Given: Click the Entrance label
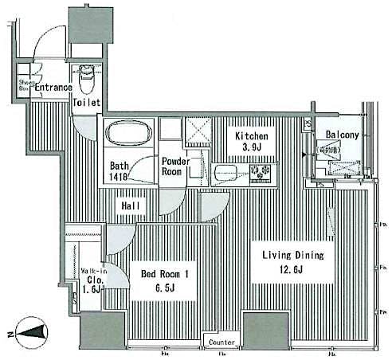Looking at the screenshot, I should tap(53, 88).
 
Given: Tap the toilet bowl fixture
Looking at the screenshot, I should tap(88, 78).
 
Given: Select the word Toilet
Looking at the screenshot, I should tap(86, 104).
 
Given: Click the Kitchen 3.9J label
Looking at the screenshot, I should tap(250, 143).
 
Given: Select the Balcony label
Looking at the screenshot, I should tap(341, 136).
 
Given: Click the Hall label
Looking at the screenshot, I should tap(131, 207).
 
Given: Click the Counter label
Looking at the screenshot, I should tap(221, 342).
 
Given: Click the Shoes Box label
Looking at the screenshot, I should tap(23, 84).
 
